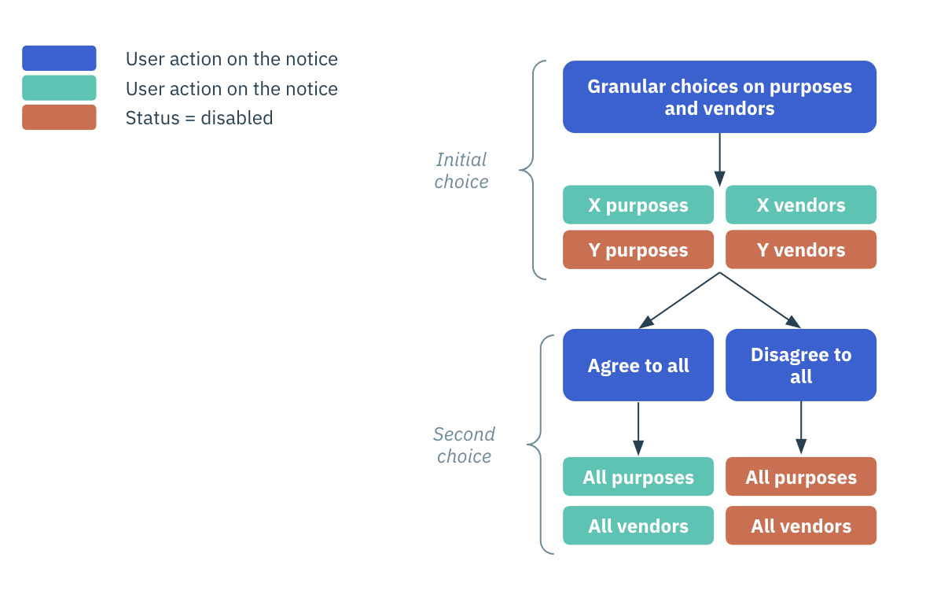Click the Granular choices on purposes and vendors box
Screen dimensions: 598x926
[x=719, y=97]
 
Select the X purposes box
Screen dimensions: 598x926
[x=638, y=205]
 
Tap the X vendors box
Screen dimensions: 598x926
[x=800, y=205]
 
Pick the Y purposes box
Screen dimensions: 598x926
[x=638, y=250]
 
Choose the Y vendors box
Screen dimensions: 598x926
[x=800, y=250]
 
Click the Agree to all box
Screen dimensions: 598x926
[x=638, y=365]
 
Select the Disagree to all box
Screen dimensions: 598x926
[x=800, y=365]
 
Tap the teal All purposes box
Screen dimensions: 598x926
[x=638, y=477]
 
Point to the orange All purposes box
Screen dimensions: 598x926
[x=800, y=477]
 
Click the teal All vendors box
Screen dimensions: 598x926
[x=638, y=526]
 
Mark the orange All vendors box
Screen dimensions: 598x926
[x=800, y=526]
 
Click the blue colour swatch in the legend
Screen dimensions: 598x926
[x=59, y=58]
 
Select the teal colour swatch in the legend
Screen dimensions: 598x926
[x=59, y=88]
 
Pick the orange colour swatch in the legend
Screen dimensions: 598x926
[x=59, y=117]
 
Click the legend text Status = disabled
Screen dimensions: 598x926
[x=199, y=118]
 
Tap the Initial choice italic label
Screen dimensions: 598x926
[x=461, y=171]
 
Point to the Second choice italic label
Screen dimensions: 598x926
[x=464, y=445]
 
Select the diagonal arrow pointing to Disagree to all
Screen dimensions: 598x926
[x=760, y=301]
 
